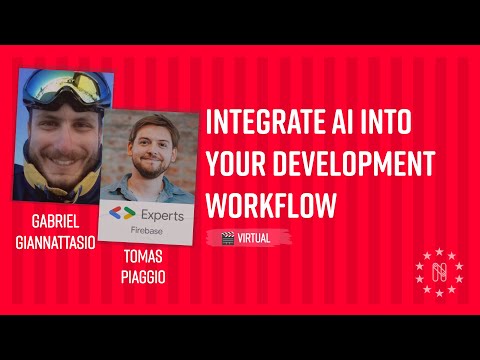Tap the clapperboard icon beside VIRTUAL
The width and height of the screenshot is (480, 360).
(229, 238)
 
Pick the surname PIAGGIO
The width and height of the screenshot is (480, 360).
(143, 278)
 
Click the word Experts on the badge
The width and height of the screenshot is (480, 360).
(161, 213)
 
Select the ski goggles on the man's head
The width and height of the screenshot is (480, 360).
(62, 89)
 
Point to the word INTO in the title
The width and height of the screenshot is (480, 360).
(404, 122)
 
